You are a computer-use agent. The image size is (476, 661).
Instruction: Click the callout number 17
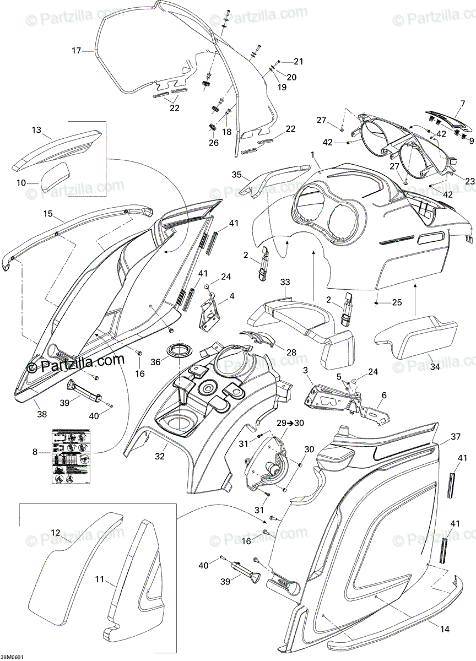pyautogui.click(x=76, y=51)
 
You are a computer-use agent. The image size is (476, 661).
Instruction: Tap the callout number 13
pyautogui.click(x=36, y=130)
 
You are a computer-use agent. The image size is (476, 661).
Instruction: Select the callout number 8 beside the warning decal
pyautogui.click(x=35, y=452)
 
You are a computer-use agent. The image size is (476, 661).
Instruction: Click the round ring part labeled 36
pyautogui.click(x=177, y=350)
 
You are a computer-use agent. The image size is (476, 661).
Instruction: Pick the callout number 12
pyautogui.click(x=56, y=532)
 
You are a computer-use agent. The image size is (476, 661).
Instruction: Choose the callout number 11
pyautogui.click(x=99, y=579)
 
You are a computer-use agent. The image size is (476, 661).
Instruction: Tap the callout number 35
pyautogui.click(x=237, y=175)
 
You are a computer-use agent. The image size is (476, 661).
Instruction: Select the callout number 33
pyautogui.click(x=285, y=282)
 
